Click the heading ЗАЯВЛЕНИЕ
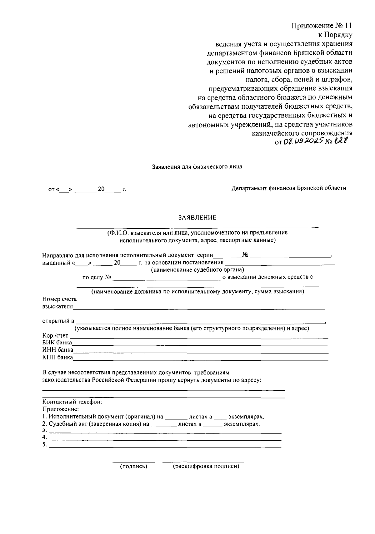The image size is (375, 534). tap(197, 218)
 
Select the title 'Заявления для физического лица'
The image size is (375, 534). tap(197, 167)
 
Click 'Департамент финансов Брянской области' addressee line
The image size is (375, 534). tap(289, 188)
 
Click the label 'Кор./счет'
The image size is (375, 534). tap(55, 336)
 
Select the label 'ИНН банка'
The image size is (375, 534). tap(57, 350)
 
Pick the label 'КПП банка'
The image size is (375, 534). tap(57, 357)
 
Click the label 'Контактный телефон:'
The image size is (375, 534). tap(72, 402)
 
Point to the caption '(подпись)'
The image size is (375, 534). tap(133, 467)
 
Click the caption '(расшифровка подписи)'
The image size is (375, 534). tap(206, 467)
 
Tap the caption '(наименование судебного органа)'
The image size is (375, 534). tap(197, 269)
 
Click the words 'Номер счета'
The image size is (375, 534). tap(59, 299)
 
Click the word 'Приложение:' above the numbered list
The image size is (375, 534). tap(61, 409)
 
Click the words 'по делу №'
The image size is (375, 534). tap(97, 277)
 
